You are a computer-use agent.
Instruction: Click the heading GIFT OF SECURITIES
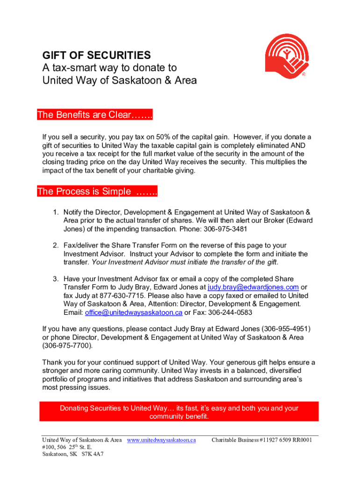click(x=96, y=55)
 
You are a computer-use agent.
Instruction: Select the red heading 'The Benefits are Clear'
click(x=95, y=115)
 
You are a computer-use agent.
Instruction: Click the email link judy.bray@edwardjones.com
click(x=253, y=287)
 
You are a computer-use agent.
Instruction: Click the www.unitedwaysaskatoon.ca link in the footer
click(x=161, y=440)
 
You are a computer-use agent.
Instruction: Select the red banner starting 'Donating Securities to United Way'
click(x=179, y=412)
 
